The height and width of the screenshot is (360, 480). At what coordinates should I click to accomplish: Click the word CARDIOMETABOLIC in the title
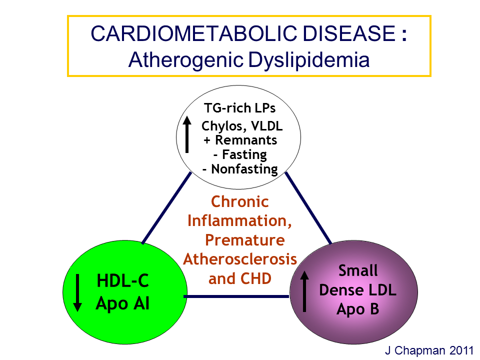click(194, 33)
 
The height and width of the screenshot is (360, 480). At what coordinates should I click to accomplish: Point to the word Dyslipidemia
click(309, 60)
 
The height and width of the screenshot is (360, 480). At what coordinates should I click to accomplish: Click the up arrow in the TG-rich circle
click(187, 134)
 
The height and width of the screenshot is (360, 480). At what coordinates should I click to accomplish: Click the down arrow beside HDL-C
click(78, 293)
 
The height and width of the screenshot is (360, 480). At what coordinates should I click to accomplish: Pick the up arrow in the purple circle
click(304, 291)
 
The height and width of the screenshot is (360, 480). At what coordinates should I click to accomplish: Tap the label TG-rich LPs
click(239, 108)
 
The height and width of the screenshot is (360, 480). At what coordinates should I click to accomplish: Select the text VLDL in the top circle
click(267, 126)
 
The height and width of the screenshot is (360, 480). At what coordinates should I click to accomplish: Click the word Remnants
click(246, 140)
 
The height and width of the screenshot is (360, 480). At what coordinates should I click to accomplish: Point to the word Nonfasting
click(244, 169)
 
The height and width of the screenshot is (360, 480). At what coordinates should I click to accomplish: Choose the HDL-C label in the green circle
click(123, 280)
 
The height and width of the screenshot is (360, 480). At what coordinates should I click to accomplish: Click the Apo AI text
click(122, 303)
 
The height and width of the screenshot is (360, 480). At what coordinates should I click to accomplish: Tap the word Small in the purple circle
click(358, 270)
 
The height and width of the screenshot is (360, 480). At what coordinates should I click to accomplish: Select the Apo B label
click(358, 309)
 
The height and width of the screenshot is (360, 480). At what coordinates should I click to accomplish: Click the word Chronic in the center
click(240, 201)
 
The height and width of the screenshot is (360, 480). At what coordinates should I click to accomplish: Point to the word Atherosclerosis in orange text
click(240, 259)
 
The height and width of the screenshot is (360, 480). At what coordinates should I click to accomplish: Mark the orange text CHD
click(256, 278)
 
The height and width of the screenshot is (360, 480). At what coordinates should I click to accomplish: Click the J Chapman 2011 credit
click(429, 350)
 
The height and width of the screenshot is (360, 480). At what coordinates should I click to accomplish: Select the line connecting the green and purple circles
click(236, 296)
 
